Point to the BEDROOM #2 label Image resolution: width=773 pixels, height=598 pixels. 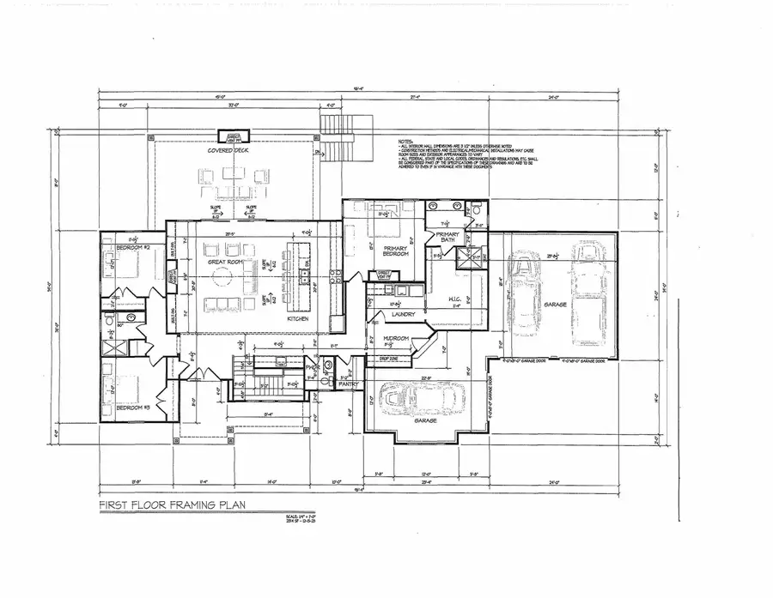pos(121,248)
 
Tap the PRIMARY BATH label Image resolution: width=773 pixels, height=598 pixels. pos(451,238)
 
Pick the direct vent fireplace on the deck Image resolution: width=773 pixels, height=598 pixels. pos(233,137)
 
